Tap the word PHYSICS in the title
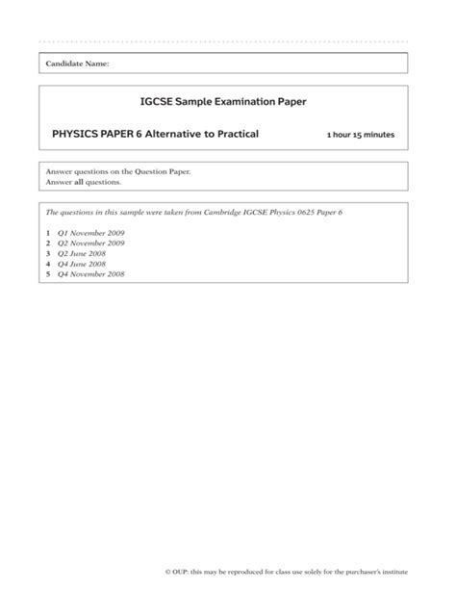(x=75, y=133)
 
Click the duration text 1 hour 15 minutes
(x=361, y=135)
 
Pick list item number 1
(x=48, y=234)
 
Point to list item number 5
(x=48, y=274)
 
